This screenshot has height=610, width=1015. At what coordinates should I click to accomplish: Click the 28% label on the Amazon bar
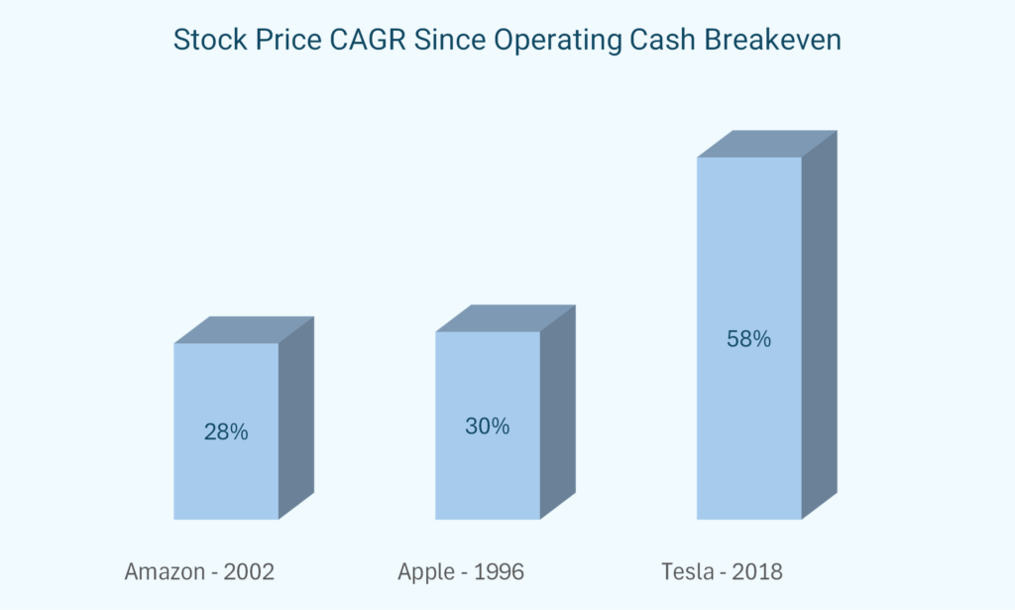226,432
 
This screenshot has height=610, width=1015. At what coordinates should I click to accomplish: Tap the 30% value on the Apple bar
488,427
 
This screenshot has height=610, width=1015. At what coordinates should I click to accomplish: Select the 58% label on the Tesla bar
748,339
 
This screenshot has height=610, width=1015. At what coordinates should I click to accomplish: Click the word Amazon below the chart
163,572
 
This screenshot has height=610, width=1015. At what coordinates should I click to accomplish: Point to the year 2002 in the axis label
248,572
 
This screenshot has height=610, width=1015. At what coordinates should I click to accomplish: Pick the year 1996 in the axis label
498,572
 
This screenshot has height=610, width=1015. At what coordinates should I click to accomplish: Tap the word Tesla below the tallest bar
687,572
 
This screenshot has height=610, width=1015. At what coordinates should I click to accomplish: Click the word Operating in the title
536,41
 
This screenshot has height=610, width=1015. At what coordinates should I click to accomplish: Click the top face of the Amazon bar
244,330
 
